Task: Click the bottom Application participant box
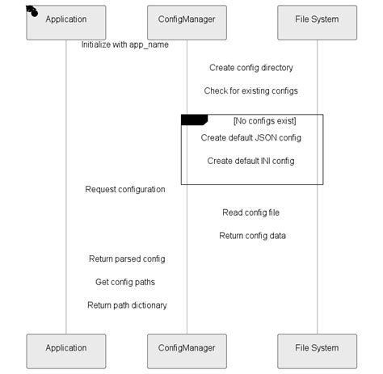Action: coord(66,348)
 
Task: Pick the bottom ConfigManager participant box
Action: coord(187,348)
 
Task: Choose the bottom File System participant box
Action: coord(317,348)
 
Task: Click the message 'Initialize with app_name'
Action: coord(124,44)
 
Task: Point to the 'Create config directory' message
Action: coord(251,68)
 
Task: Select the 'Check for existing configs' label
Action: coord(251,90)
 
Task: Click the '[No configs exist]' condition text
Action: coord(264,121)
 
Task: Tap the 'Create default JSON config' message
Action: coord(251,138)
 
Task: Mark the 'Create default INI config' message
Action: coord(251,161)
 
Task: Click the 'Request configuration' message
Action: coord(125,190)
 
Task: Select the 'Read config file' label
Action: coord(251,213)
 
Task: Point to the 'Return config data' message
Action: coord(251,236)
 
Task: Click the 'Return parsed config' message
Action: coord(127,259)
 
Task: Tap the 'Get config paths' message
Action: coord(125,282)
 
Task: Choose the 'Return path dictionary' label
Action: coord(127,305)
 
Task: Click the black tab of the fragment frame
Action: coord(194,120)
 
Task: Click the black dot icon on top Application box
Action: coord(33,11)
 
